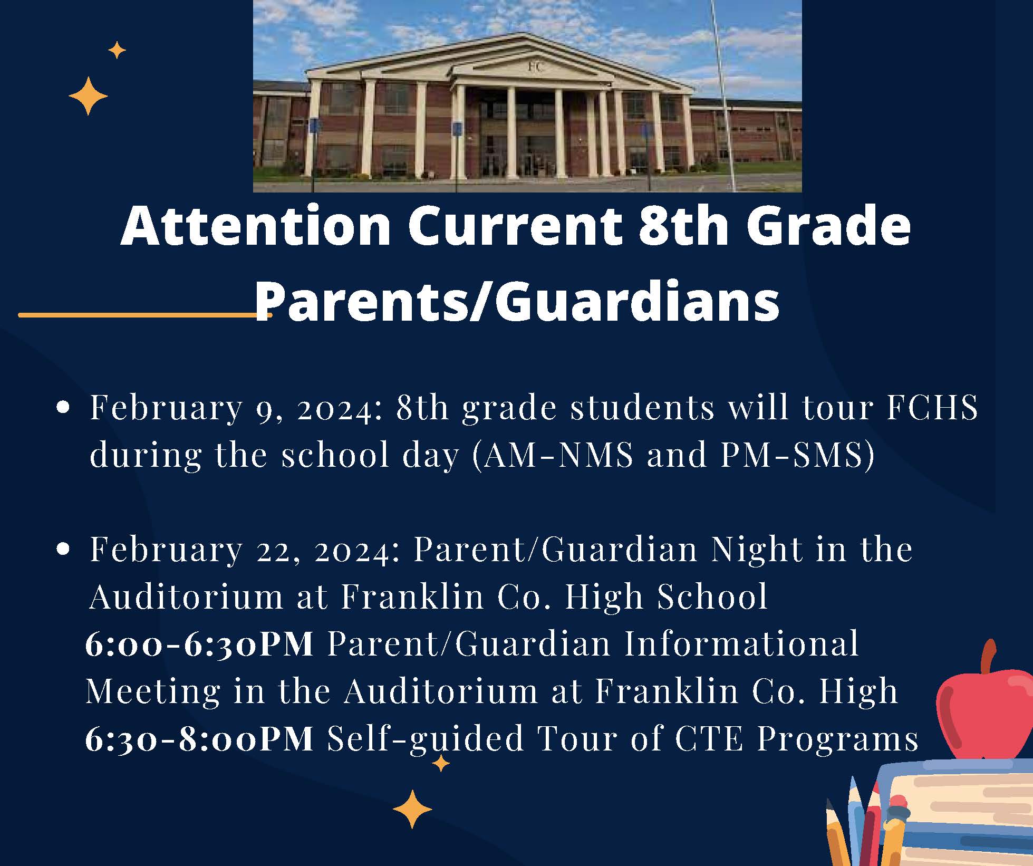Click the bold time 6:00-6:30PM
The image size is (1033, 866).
point(199,644)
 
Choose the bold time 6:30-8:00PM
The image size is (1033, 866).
point(199,738)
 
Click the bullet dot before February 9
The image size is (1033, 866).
point(63,408)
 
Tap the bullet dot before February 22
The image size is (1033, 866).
point(63,550)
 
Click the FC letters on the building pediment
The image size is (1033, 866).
point(535,67)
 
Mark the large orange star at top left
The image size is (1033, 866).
point(88,96)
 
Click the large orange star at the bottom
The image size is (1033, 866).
point(412,809)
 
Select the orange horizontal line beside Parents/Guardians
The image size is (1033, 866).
point(145,315)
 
